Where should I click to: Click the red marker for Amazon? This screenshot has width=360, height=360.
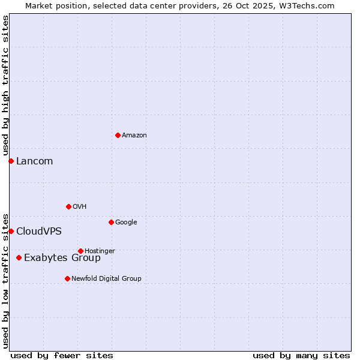[x=118, y=135]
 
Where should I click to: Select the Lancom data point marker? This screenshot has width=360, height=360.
[x=11, y=161]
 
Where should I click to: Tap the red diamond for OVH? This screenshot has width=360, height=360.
[x=68, y=206]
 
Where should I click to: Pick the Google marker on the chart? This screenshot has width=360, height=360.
[x=111, y=222]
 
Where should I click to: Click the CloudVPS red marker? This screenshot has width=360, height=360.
[x=11, y=231]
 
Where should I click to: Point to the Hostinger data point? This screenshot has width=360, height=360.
[x=80, y=251]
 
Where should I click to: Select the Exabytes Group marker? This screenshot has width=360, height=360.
[x=19, y=257]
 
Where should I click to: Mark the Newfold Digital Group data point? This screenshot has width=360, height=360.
[x=67, y=278]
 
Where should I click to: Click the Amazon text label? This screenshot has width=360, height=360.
[x=134, y=136]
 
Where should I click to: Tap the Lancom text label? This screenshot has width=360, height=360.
[x=34, y=161]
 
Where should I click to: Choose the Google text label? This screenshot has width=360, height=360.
[x=126, y=223]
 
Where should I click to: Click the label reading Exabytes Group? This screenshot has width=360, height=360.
[x=62, y=258]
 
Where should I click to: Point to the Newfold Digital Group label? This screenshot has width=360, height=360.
[x=106, y=279]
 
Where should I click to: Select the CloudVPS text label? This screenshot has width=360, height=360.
[x=39, y=232]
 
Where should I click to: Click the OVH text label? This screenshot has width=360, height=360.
[x=80, y=207]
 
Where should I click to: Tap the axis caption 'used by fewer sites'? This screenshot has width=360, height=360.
[x=62, y=355]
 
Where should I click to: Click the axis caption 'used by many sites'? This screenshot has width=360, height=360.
[x=301, y=355]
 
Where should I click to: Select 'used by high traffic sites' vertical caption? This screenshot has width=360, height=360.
[x=5, y=85]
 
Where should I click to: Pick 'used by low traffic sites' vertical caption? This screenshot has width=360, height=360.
[x=5, y=280]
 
